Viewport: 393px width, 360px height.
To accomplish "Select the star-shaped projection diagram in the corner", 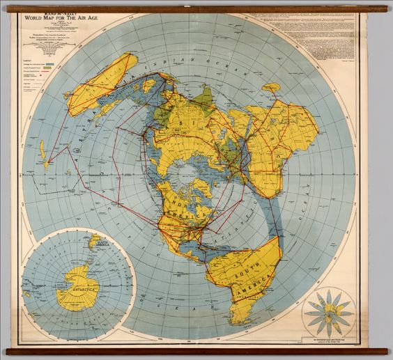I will (x=328, y=309).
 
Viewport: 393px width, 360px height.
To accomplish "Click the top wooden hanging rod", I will (x=196, y=9).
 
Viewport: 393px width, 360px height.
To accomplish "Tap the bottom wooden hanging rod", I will (x=196, y=352).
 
